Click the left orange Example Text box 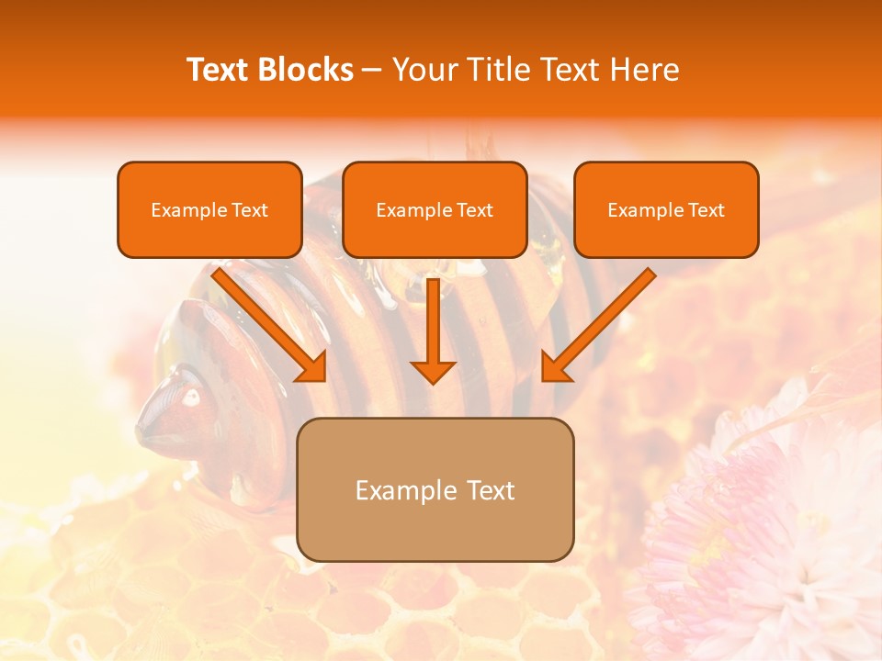click(x=209, y=209)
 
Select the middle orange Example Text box click(x=435, y=209)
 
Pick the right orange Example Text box click(x=666, y=209)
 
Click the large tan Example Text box click(x=435, y=489)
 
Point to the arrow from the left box click(x=266, y=321)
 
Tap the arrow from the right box click(x=602, y=321)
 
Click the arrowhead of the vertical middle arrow click(x=433, y=371)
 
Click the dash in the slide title click(x=373, y=70)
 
